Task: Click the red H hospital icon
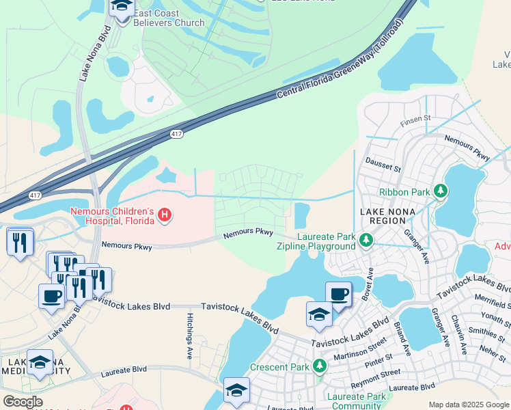[x=164, y=216]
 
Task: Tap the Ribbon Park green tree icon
[x=442, y=191]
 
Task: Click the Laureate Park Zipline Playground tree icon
[x=366, y=240]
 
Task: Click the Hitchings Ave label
[x=190, y=336]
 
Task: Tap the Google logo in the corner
[x=23, y=402]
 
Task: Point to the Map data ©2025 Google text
[x=469, y=405]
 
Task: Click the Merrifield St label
[x=493, y=303]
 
